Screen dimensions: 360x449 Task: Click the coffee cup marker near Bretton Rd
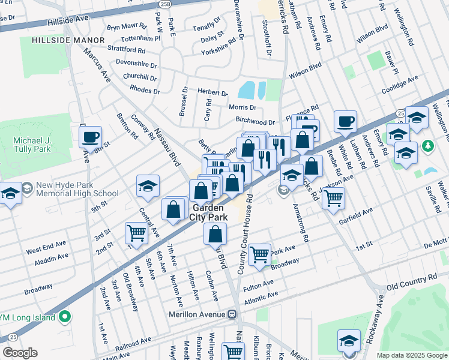[x=90, y=137]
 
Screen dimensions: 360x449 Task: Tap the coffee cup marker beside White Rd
[x=345, y=121]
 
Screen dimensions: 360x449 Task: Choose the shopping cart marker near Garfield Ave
[x=333, y=197]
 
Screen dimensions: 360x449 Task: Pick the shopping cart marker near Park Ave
[x=259, y=254]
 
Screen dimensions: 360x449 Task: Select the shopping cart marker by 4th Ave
[x=137, y=232]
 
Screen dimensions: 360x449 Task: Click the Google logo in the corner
[x=20, y=353]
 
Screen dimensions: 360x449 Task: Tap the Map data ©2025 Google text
[x=411, y=355]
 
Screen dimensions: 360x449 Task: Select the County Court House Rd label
[x=246, y=235]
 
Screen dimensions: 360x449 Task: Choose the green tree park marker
[x=427, y=146]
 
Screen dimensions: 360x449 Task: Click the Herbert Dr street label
[x=213, y=94]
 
